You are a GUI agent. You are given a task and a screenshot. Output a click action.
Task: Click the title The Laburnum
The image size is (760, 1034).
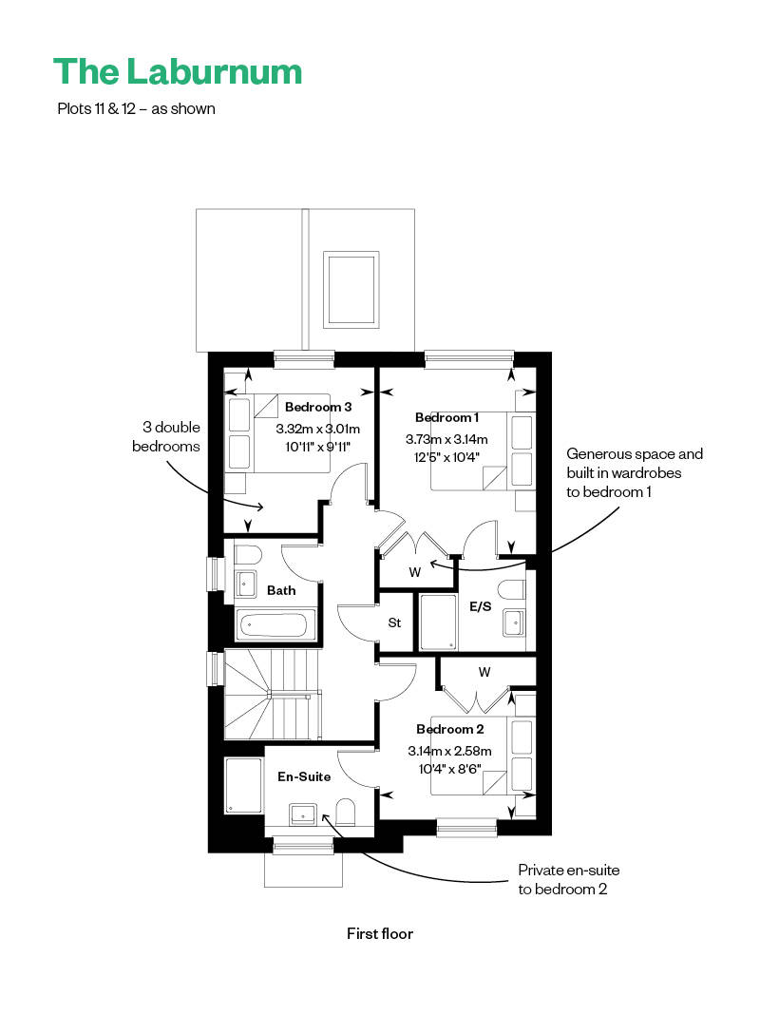[x=178, y=72]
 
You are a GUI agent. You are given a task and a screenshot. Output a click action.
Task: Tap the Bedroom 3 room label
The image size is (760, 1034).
[x=317, y=407]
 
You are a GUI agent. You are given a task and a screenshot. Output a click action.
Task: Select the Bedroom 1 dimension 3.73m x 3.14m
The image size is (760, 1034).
[x=446, y=438]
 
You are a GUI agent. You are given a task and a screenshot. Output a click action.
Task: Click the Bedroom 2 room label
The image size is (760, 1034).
[x=449, y=729]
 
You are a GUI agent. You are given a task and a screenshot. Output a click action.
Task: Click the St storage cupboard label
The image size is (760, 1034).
[x=394, y=622]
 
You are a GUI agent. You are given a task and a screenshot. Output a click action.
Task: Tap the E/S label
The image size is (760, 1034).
[x=480, y=606]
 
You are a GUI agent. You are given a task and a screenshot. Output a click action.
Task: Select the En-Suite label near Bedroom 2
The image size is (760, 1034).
[x=304, y=776]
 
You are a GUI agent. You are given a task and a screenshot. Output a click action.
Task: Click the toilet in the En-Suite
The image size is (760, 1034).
[x=346, y=812]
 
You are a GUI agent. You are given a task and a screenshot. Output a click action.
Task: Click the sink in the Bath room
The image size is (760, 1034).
[x=245, y=584]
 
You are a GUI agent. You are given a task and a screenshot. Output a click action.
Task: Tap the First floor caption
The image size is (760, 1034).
[x=380, y=933]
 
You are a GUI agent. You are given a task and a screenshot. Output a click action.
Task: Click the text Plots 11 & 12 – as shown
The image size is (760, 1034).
[x=137, y=108]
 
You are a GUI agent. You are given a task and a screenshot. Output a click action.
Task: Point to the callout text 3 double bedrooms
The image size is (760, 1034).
[x=166, y=436]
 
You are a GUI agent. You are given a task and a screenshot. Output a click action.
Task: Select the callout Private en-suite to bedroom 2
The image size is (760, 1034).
[x=568, y=879]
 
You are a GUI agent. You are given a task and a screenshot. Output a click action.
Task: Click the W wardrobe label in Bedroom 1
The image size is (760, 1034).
[x=414, y=572]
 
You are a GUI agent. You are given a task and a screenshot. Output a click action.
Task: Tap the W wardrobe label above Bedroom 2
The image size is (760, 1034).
[x=484, y=672]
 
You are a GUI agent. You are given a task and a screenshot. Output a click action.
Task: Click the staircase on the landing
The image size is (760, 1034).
[x=273, y=694]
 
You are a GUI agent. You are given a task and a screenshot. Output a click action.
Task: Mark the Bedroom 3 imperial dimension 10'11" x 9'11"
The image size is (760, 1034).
[x=317, y=447]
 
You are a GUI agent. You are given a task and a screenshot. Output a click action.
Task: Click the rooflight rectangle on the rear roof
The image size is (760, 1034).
[x=351, y=290]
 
